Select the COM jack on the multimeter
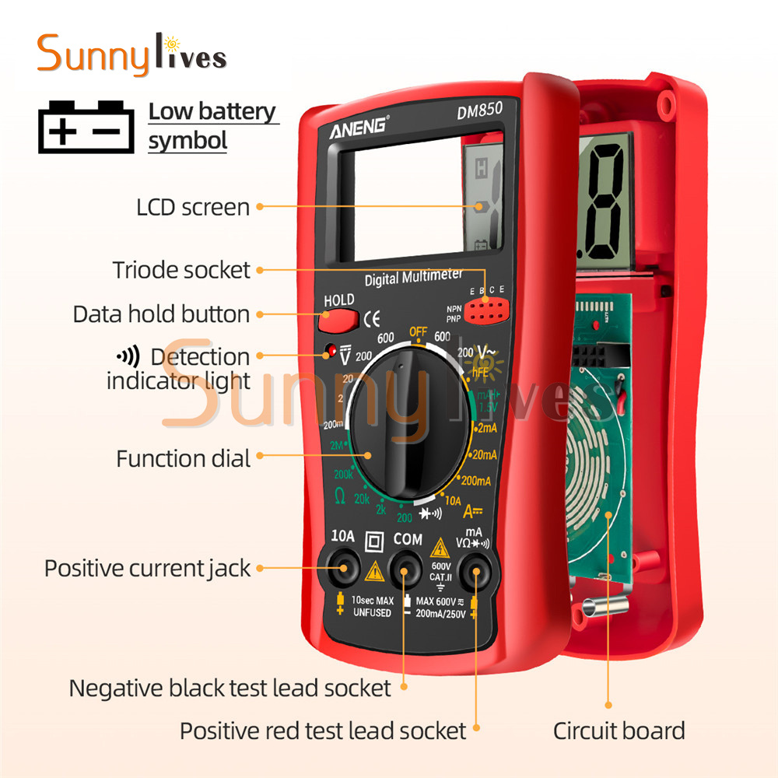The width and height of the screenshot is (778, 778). pyautogui.click(x=405, y=573)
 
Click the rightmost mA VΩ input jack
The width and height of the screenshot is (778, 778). pyautogui.click(x=471, y=573)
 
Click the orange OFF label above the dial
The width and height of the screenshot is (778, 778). pyautogui.click(x=418, y=333)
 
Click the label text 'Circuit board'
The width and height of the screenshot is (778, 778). pyautogui.click(x=619, y=731)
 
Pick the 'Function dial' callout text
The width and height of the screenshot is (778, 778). pyautogui.click(x=184, y=458)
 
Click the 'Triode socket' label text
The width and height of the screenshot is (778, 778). pyautogui.click(x=181, y=270)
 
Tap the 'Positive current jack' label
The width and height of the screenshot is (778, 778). pyautogui.click(x=147, y=568)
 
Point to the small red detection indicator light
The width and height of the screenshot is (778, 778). pyautogui.click(x=331, y=350)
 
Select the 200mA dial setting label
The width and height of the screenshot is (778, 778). pyautogui.click(x=476, y=481)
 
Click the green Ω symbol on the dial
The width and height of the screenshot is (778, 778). pyautogui.click(x=339, y=496)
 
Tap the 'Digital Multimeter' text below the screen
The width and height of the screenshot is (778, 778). pyautogui.click(x=414, y=277)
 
